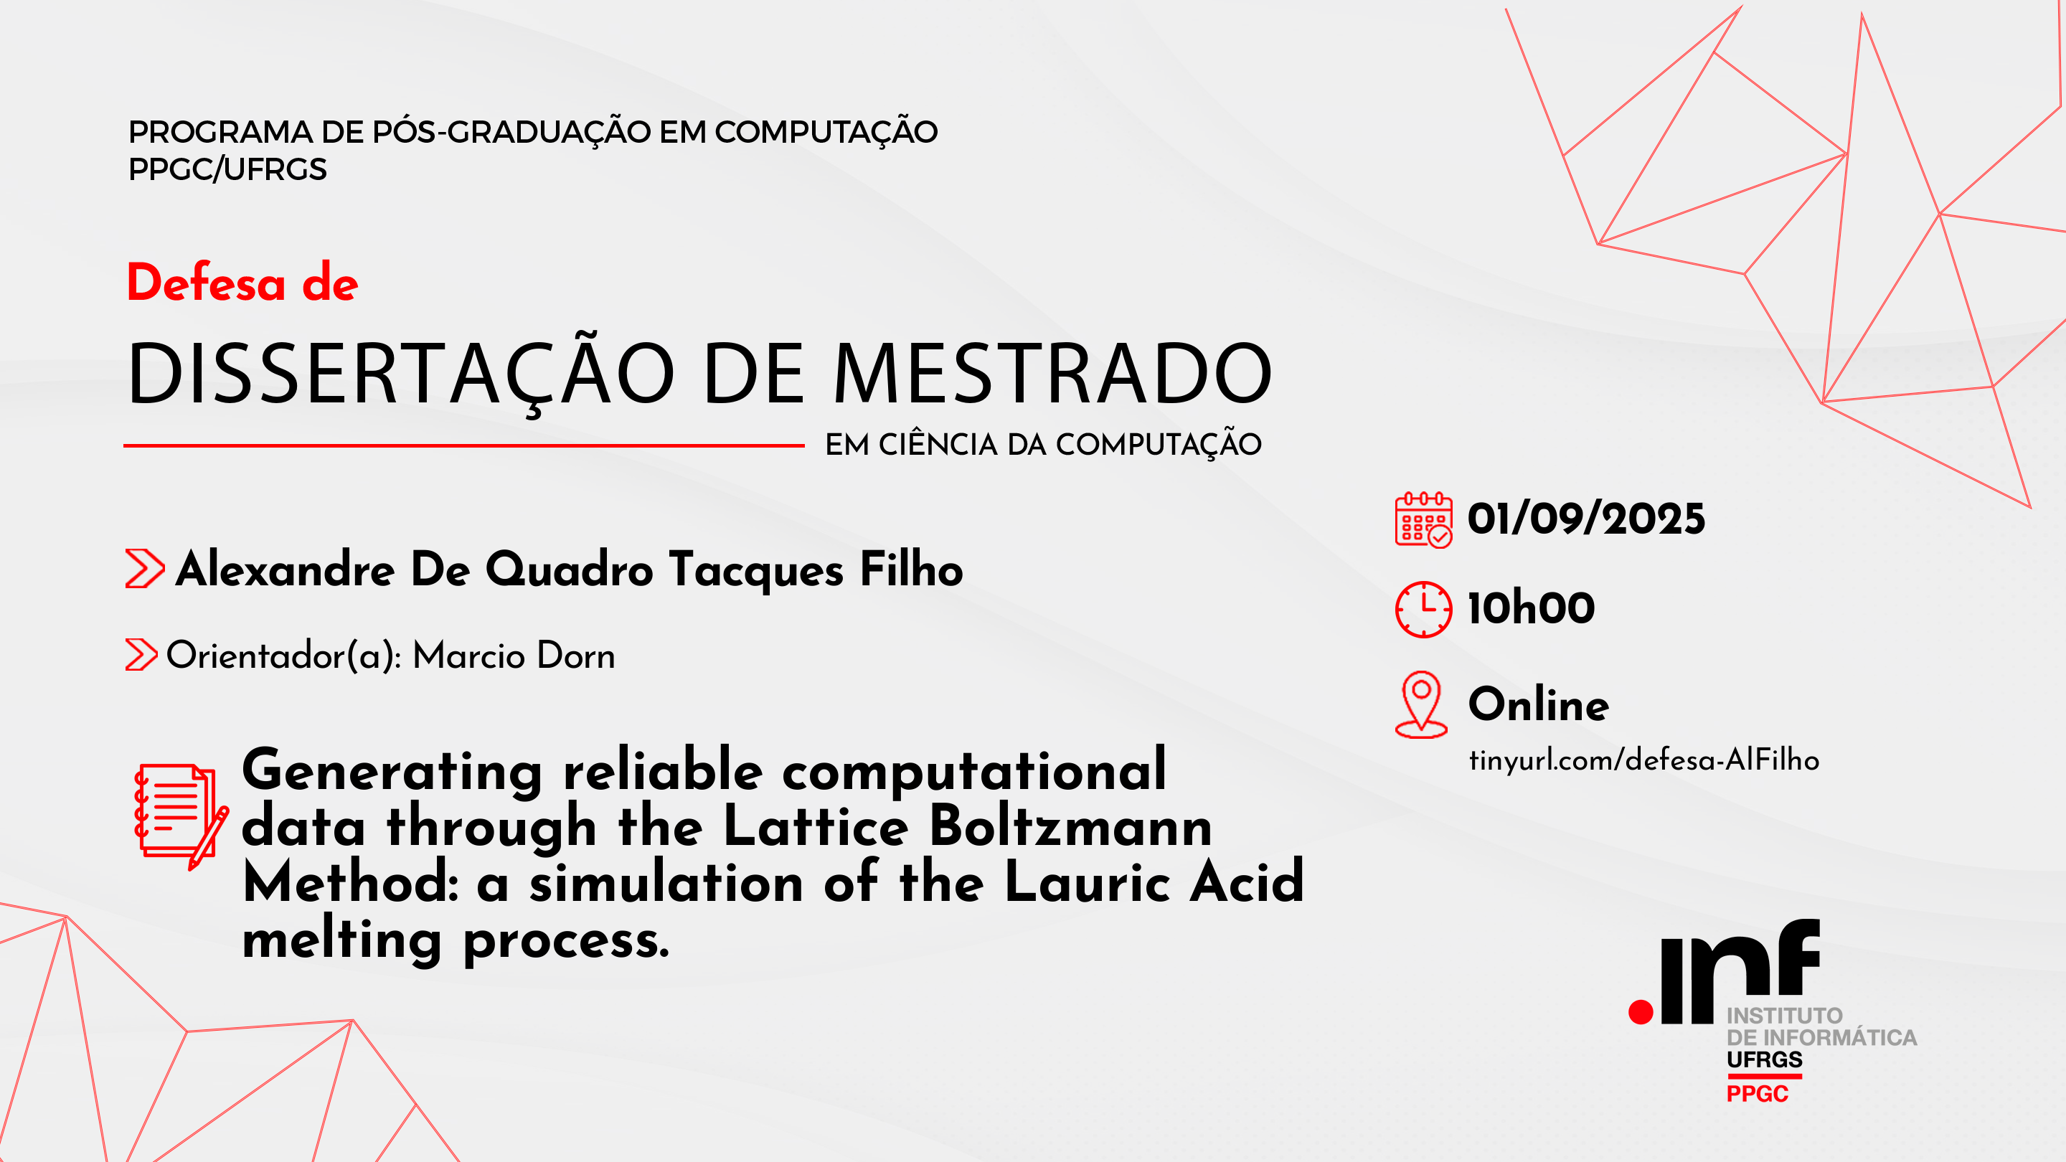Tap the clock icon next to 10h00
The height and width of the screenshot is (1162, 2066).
1423,610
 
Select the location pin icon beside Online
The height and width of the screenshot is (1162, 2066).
1421,703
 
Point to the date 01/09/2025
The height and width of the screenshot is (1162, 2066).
1585,519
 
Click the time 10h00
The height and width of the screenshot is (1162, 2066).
1530,608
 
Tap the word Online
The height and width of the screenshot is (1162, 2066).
1537,705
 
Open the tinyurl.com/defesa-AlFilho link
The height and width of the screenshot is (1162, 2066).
1643,760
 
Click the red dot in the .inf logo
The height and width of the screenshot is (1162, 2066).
1641,1012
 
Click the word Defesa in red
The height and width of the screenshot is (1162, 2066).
206,283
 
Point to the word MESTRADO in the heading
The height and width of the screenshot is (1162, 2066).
1052,374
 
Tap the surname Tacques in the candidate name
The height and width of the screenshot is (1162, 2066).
755,570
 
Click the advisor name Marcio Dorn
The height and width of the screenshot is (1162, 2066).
514,656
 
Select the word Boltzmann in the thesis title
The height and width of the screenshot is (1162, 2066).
1070,826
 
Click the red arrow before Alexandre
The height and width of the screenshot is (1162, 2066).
144,569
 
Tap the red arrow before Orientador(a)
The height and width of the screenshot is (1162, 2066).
141,654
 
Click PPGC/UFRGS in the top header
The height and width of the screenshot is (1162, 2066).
228,170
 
